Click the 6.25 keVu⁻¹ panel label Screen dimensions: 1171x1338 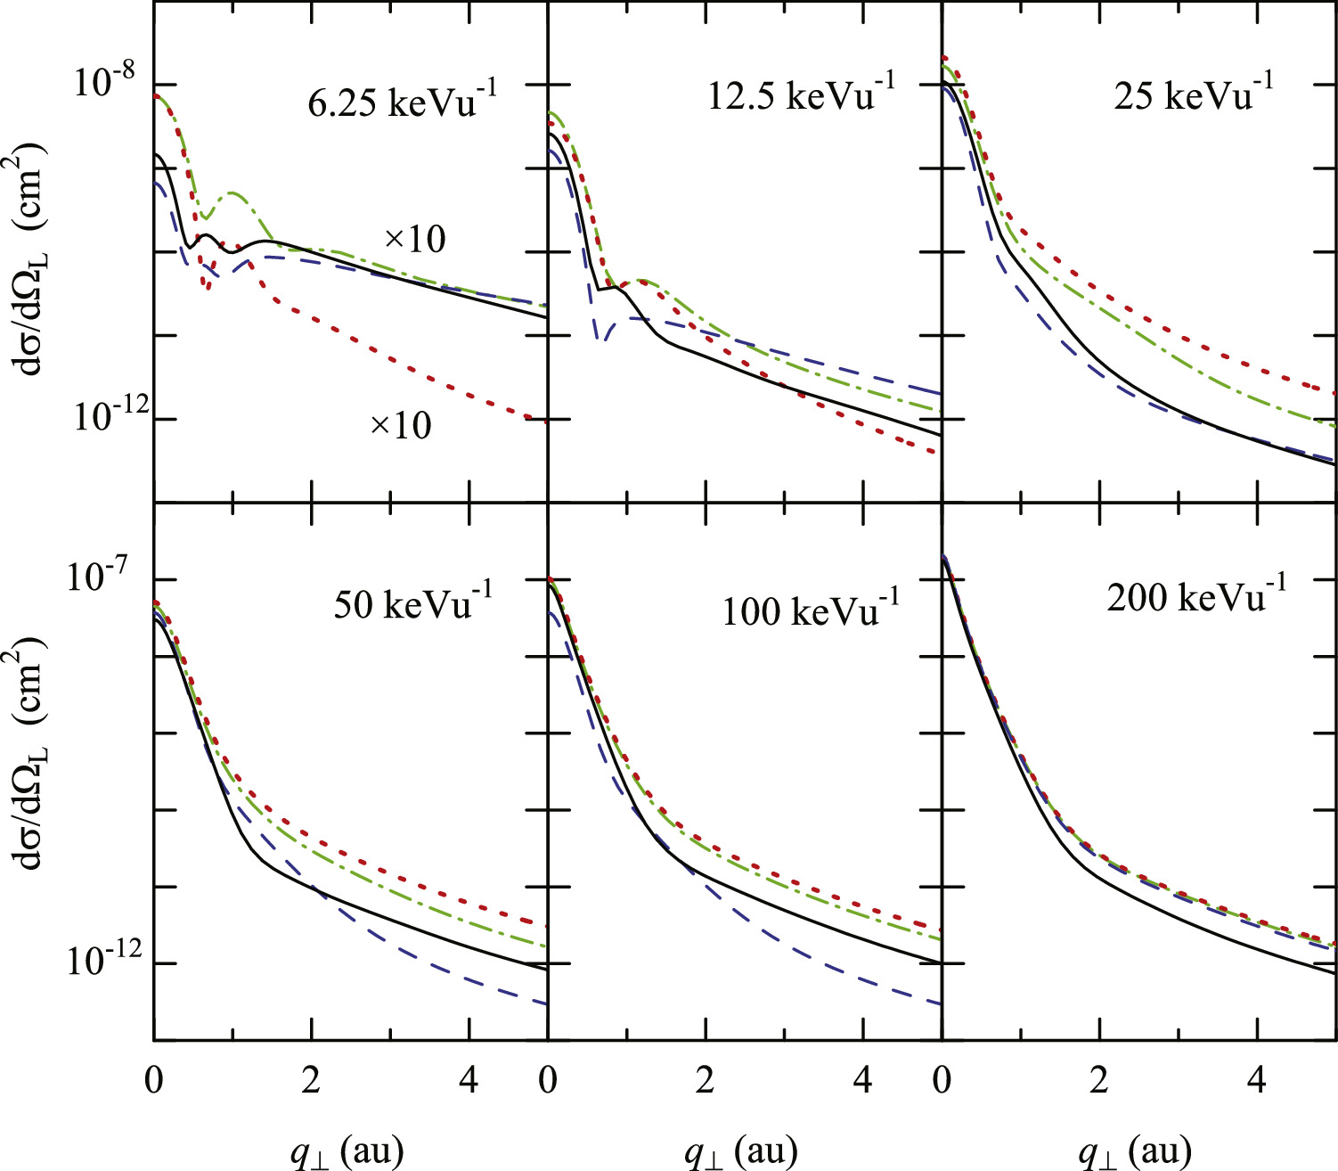[x=402, y=100]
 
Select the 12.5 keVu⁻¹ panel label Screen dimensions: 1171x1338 [x=801, y=93]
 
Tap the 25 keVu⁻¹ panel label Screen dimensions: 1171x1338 [x=1193, y=93]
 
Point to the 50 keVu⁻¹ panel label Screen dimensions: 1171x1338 [x=412, y=602]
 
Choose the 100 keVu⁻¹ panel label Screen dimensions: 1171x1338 [x=810, y=609]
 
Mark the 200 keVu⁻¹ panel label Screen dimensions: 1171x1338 [x=1196, y=594]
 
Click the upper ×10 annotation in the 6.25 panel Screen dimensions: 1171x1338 [x=414, y=239]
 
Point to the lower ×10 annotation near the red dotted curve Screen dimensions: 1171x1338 [x=400, y=426]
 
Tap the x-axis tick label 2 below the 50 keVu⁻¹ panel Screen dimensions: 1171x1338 [x=311, y=1081]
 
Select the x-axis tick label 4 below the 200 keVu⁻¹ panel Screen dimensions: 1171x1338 [x=1256, y=1081]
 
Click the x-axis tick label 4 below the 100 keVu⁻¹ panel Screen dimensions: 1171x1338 [x=862, y=1081]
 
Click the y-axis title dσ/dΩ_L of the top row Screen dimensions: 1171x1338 [x=32, y=258]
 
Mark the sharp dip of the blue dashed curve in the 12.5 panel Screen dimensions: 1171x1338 [x=603, y=339]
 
